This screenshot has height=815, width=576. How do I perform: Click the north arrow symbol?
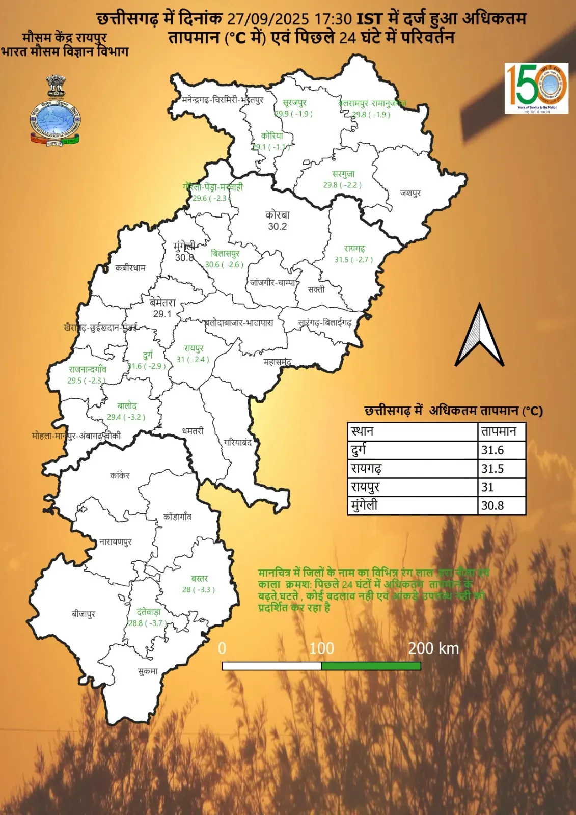pos(479,337)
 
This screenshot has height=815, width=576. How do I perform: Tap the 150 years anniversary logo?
pos(536,88)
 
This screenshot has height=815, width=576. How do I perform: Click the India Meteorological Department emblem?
pos(55,112)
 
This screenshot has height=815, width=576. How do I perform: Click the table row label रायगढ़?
pos(366,469)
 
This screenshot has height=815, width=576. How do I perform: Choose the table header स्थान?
pos(362,431)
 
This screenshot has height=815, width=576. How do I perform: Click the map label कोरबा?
pos(277,215)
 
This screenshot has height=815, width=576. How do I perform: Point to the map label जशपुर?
pos(410,193)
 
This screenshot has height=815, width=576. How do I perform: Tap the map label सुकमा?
pos(148,671)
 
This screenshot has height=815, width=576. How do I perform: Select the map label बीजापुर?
pos(84,614)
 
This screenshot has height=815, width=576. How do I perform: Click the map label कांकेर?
pos(120,475)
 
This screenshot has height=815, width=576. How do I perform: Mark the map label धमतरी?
pos(193,431)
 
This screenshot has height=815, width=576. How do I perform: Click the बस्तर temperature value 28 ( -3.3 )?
pos(199,590)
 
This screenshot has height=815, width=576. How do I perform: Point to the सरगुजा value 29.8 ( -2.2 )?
pos(342,185)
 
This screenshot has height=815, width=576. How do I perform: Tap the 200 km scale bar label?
pos(433,648)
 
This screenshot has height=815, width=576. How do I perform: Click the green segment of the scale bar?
pos(371,666)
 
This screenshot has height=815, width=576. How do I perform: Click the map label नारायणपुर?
pos(116,542)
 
